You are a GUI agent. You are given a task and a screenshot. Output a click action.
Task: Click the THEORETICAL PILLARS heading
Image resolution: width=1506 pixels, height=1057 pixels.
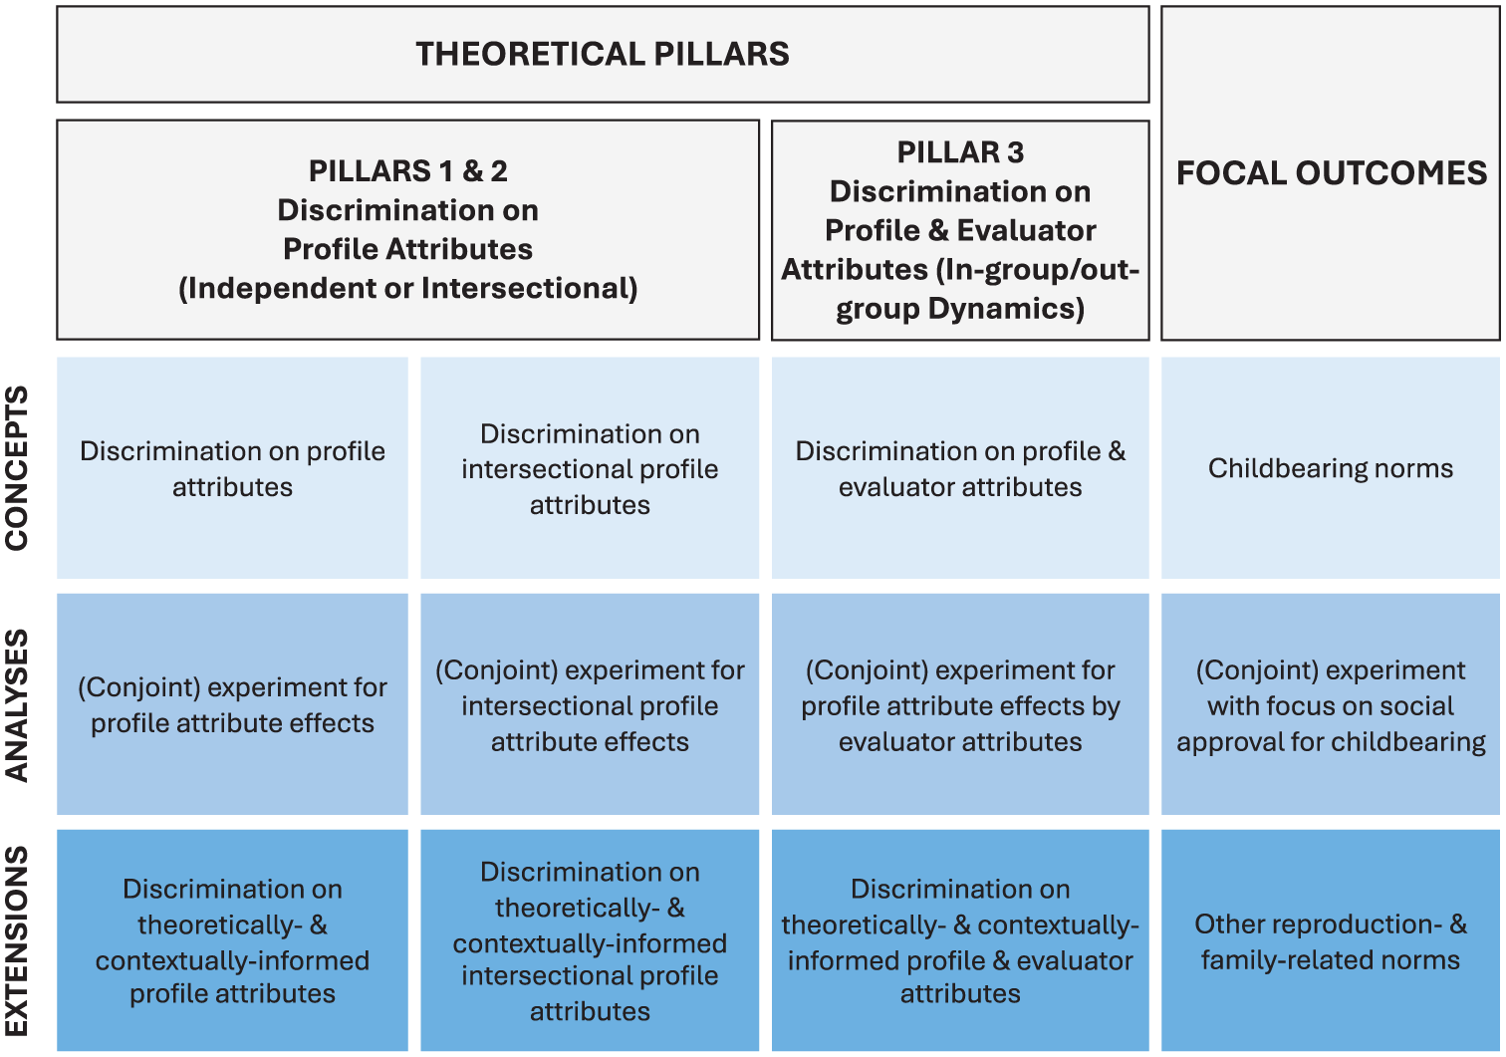[x=603, y=54]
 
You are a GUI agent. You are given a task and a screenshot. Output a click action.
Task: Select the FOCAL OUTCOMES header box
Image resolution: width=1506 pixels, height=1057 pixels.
[x=1331, y=172]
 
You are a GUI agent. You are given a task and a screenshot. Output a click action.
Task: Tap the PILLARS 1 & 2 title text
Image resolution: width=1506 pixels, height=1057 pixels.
[x=408, y=170]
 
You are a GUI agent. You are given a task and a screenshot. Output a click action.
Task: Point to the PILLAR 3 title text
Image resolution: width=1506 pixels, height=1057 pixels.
[x=960, y=152]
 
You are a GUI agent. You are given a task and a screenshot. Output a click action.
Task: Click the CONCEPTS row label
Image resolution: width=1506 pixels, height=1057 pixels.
[x=16, y=468]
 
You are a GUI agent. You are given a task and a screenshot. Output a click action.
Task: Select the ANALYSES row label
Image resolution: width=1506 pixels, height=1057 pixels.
[x=16, y=705]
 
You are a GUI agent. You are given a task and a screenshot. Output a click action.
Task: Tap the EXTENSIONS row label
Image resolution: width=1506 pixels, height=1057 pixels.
[x=16, y=940]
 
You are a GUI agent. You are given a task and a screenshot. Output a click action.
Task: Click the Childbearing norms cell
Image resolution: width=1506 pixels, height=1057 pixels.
[x=1331, y=468]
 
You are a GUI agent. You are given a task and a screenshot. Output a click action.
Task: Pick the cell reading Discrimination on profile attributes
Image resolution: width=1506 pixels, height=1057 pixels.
[x=233, y=468]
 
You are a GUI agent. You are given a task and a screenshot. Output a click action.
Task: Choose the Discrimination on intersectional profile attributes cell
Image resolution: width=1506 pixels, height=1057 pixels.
[x=590, y=468]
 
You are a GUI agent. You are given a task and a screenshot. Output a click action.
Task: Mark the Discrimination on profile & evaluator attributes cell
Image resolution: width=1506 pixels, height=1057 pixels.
[x=960, y=468]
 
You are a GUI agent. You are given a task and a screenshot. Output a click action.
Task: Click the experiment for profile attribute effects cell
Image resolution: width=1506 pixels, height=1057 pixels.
[x=233, y=704]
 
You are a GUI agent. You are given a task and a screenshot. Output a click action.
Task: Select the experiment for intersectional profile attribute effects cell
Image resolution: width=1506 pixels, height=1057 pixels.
[x=590, y=704]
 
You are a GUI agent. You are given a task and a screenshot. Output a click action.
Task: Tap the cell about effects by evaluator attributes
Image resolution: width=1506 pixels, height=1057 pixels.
[x=960, y=704]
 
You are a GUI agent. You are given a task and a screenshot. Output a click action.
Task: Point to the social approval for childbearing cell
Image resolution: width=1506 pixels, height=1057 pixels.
[x=1331, y=704]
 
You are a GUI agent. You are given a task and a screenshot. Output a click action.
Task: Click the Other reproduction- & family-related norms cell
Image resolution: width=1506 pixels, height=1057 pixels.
[x=1331, y=940]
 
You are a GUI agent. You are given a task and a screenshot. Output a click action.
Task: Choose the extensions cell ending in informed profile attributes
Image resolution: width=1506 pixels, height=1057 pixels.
[x=233, y=940]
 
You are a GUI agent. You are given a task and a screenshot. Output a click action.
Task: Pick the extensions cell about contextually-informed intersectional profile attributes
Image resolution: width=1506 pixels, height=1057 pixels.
[x=590, y=940]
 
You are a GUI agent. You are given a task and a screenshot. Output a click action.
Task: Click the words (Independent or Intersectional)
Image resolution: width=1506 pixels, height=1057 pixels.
[x=408, y=289]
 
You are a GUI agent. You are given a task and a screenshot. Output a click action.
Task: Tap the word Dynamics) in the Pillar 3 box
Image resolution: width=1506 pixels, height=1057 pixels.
[x=1007, y=309]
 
